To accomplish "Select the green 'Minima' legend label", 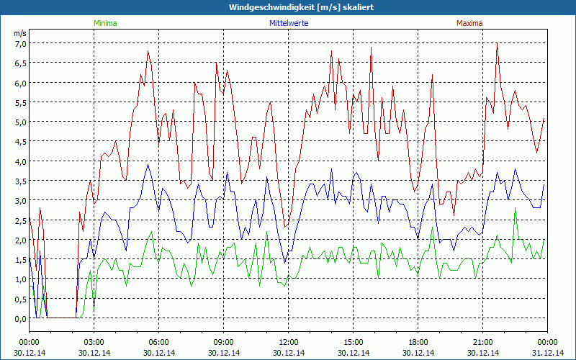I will click(x=104, y=23).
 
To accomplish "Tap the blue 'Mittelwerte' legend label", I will click(x=288, y=23).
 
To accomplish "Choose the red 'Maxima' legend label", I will click(x=469, y=23).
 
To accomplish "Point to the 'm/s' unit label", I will click(x=19, y=33).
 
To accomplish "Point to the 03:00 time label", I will click(x=94, y=342).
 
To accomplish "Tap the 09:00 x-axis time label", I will click(x=224, y=342).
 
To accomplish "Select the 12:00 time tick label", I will click(x=289, y=342).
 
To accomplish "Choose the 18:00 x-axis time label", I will click(x=418, y=342).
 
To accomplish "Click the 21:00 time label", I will click(x=483, y=342).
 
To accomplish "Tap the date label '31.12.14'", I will click(x=548, y=353).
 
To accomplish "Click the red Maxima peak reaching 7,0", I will click(x=497, y=43).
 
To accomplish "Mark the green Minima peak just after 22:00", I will click(x=516, y=209).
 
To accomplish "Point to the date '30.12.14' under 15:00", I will click(x=354, y=353).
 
